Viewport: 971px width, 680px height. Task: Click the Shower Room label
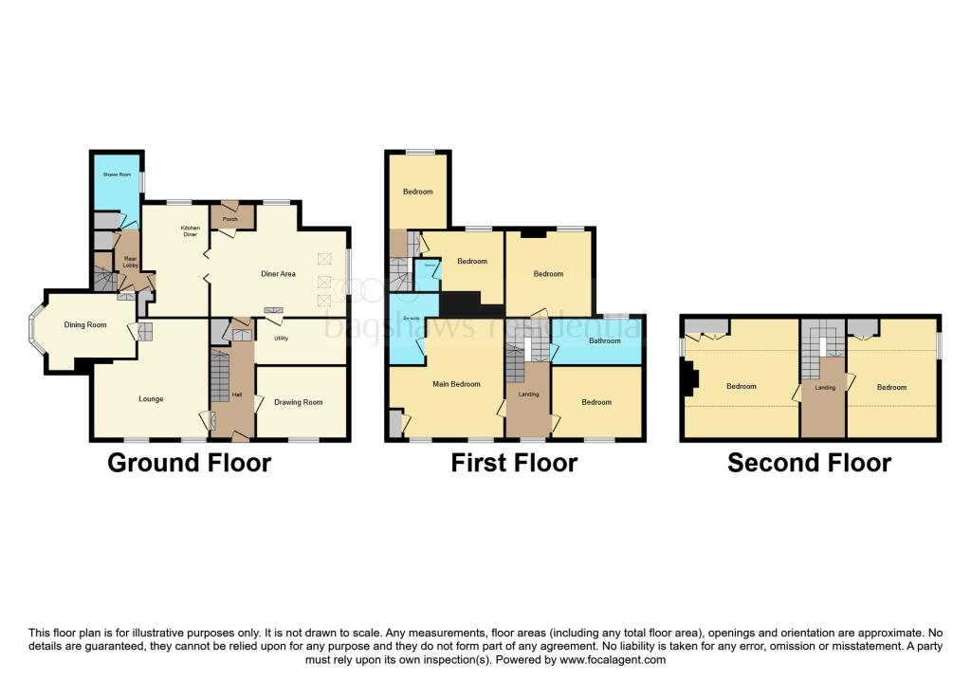(118, 175)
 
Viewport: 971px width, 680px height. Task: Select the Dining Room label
(85, 325)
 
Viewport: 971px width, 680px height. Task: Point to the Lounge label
(151, 399)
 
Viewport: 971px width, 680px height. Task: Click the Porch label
(229, 219)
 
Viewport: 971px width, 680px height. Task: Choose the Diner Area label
(279, 274)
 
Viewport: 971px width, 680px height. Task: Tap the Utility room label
(281, 338)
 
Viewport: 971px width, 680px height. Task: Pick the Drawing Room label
(299, 402)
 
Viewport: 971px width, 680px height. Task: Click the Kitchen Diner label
(191, 231)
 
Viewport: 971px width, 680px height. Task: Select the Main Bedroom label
(456, 384)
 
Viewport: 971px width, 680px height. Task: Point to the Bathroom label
(604, 340)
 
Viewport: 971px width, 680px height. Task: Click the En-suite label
(412, 318)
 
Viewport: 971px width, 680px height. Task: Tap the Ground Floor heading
(189, 463)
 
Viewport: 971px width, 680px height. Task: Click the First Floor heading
(514, 463)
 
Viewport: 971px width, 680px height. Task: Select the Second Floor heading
(809, 463)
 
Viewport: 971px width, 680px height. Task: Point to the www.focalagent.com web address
(613, 659)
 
